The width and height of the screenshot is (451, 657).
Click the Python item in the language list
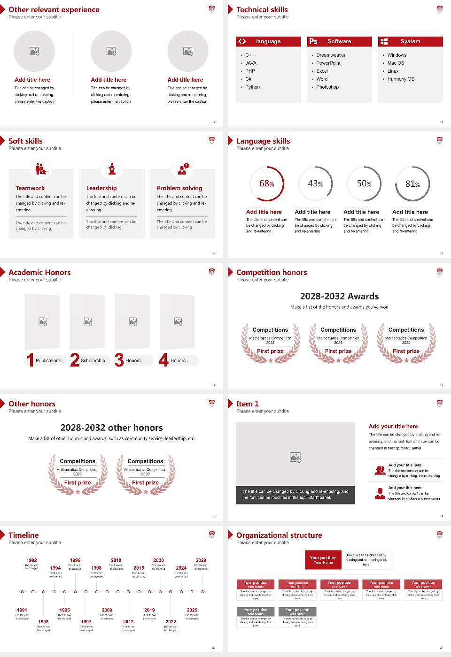(252, 87)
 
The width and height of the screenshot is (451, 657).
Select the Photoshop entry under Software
(327, 87)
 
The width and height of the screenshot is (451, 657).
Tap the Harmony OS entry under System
(401, 79)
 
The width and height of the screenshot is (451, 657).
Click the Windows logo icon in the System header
(384, 41)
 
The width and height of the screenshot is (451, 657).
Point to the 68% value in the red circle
(266, 184)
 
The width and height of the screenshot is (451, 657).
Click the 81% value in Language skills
(412, 184)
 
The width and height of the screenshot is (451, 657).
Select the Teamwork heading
(30, 188)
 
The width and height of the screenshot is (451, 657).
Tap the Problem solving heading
(179, 188)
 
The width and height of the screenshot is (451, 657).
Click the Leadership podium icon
(112, 169)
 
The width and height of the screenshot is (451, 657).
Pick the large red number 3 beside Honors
(119, 360)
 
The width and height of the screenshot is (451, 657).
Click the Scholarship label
(93, 361)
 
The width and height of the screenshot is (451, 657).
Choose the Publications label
(48, 361)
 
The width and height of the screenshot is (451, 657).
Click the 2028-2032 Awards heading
(339, 296)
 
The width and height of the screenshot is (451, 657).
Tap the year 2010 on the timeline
(116, 560)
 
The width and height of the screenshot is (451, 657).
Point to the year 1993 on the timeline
(43, 622)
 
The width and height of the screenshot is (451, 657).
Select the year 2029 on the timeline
(201, 560)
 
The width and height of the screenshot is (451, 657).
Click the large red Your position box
(323, 560)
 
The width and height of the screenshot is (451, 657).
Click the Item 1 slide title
(248, 404)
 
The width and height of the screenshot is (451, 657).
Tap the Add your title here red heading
(393, 427)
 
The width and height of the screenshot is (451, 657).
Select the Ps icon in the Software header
(313, 41)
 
